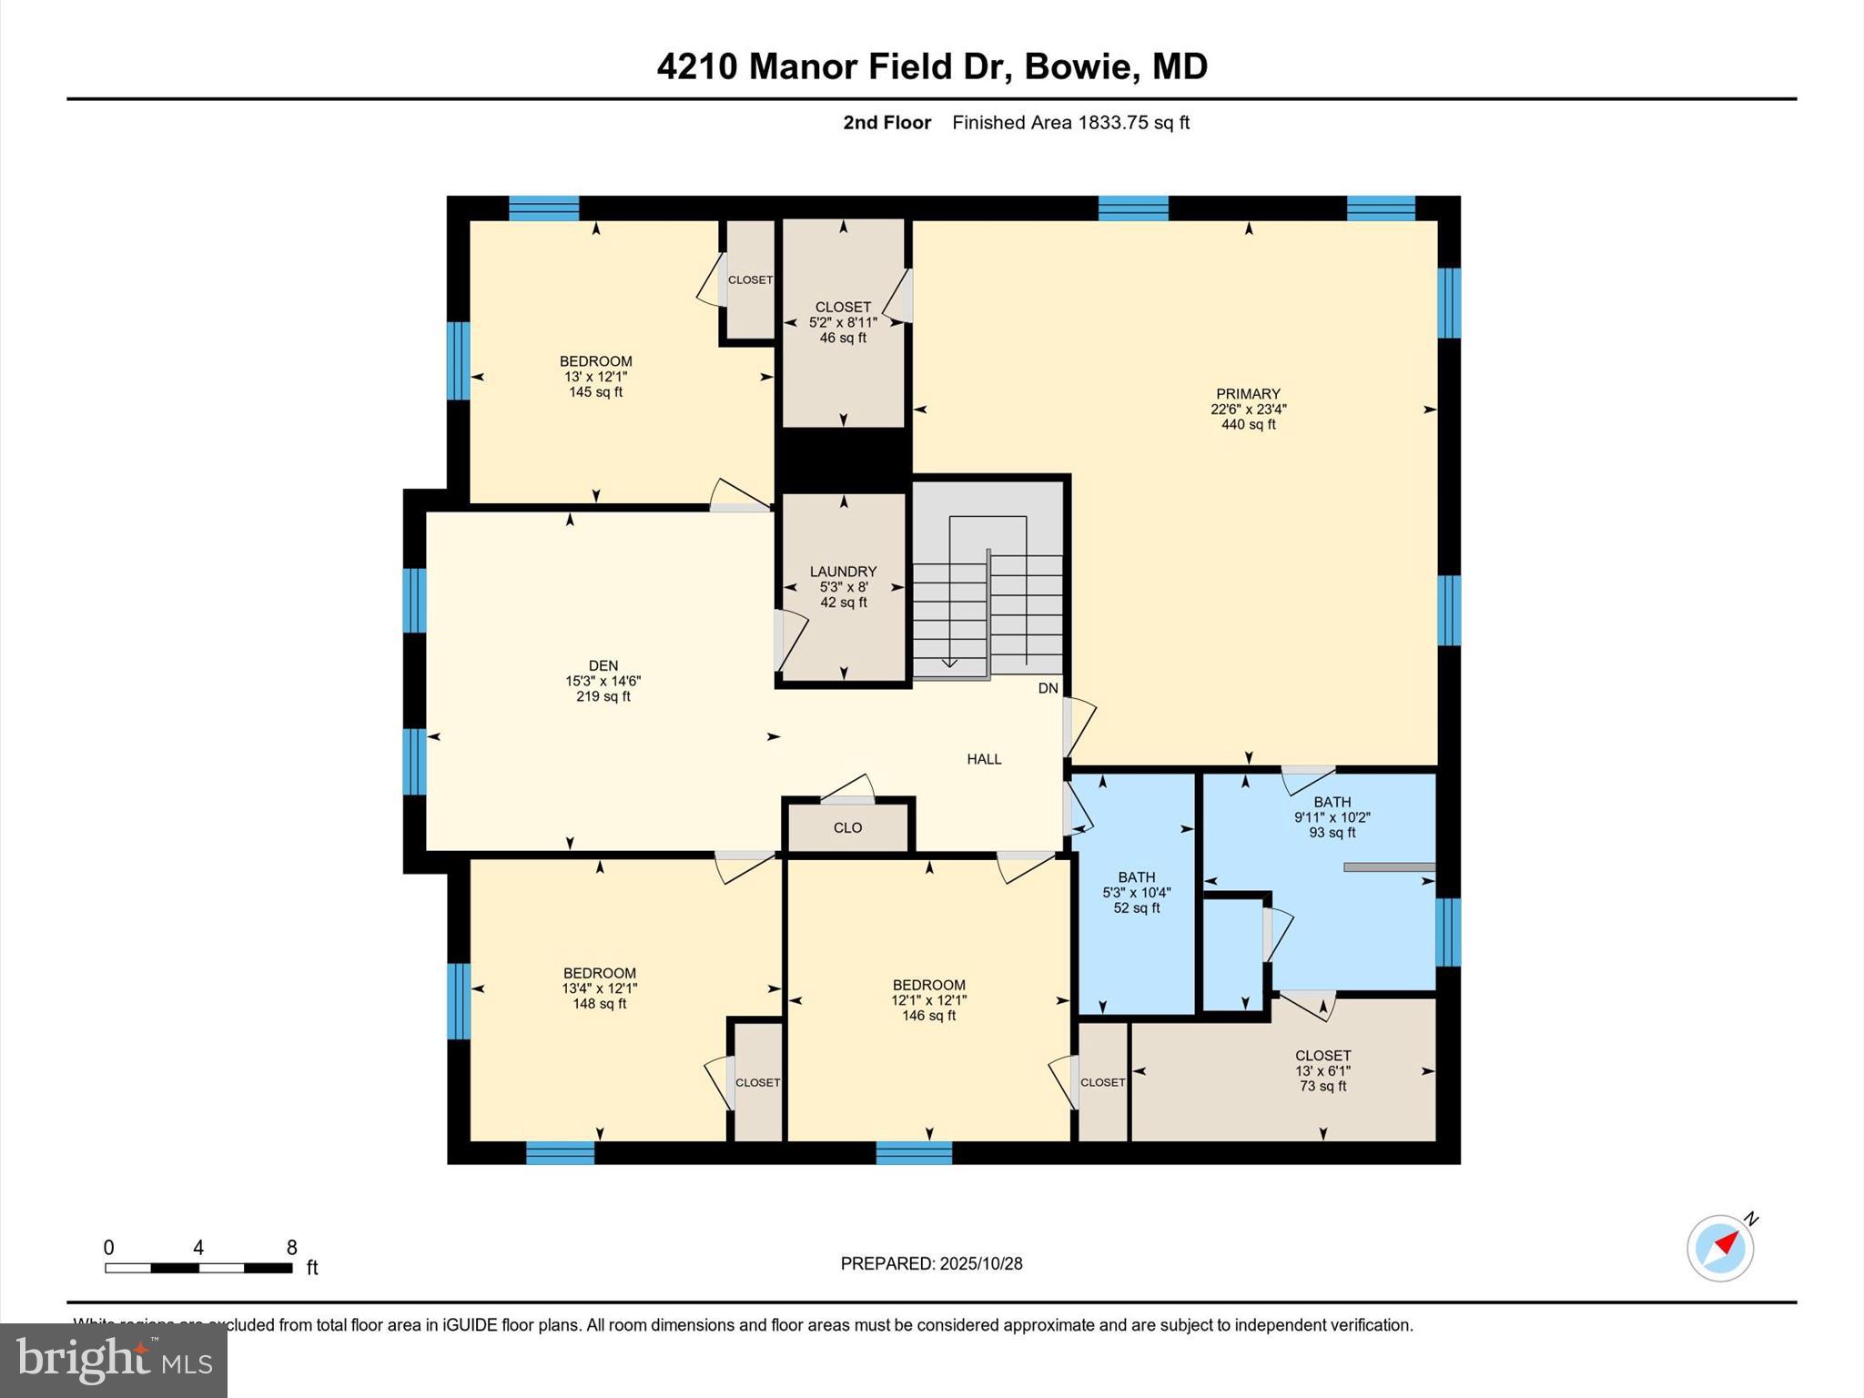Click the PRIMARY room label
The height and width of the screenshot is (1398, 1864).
[1247, 394]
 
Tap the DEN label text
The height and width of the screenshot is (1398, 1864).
[603, 665]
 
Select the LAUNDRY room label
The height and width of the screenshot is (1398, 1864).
[843, 572]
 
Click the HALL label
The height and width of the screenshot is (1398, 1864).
[984, 759]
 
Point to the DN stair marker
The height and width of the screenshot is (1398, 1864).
[1048, 688]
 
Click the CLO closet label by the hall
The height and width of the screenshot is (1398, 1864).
[847, 827]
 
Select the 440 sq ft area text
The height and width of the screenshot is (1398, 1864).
[1248, 424]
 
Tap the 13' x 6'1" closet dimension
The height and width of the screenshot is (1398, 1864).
[1322, 1071]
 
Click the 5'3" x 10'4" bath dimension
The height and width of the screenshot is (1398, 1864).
[1136, 893]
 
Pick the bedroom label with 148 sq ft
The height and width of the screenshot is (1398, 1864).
[599, 973]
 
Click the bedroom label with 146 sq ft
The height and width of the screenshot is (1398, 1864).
[928, 985]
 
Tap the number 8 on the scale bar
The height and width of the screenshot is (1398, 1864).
[292, 1248]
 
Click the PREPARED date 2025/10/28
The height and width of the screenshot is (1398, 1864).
[981, 1263]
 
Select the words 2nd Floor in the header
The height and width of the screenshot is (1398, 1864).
[886, 123]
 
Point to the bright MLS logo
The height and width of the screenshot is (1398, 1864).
[114, 1360]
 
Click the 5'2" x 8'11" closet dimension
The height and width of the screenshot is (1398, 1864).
[843, 322]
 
